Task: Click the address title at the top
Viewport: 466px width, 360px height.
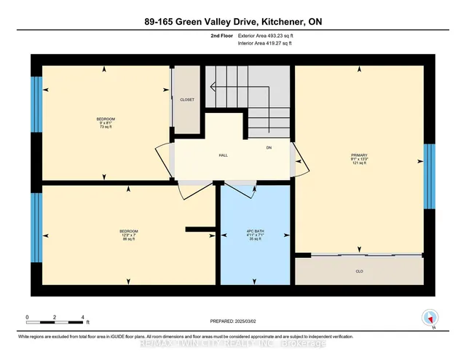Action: (232, 23)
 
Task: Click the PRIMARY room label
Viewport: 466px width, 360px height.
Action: (358, 154)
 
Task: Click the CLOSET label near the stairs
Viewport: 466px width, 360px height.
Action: (187, 99)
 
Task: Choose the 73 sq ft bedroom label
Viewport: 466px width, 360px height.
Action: (106, 123)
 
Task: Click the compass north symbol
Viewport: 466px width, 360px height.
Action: (430, 317)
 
